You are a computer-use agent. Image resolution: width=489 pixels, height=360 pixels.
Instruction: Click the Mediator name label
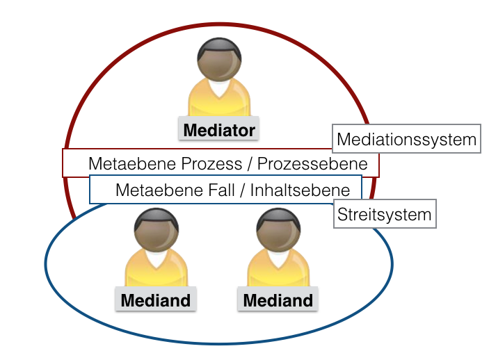click(219, 130)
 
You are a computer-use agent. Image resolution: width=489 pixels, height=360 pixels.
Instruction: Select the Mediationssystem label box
click(406, 140)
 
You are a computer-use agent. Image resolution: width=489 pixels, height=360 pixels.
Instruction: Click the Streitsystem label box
click(384, 214)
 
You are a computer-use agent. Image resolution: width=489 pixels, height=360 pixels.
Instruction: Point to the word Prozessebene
click(322, 165)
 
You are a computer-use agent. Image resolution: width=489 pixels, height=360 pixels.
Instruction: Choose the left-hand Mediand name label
click(156, 301)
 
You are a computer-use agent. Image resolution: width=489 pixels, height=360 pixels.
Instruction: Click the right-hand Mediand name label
click(278, 301)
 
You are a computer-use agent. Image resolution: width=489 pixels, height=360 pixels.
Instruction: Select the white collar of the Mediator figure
click(220, 89)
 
